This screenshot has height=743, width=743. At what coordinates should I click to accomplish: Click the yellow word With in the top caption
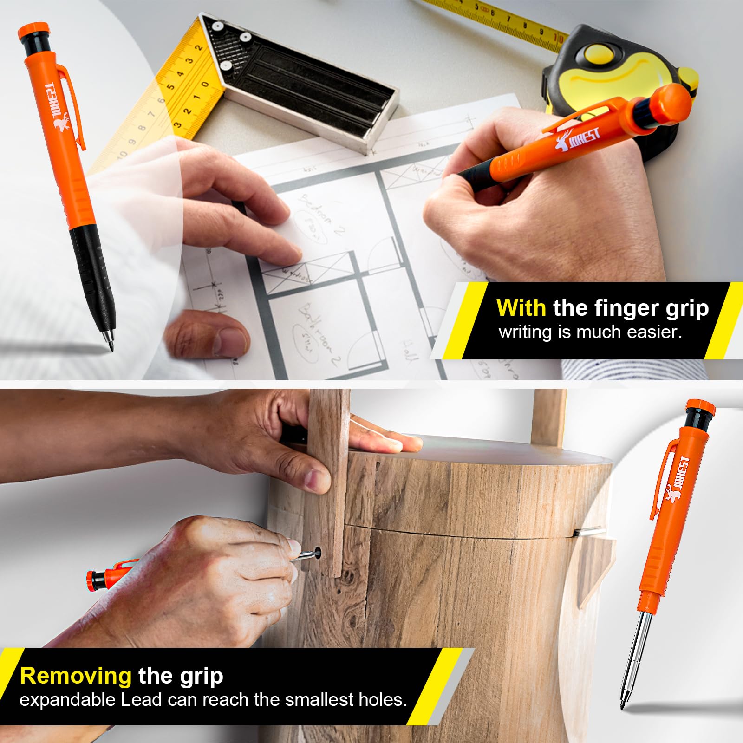(521, 308)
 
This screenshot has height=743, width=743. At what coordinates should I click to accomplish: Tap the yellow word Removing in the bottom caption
(76, 676)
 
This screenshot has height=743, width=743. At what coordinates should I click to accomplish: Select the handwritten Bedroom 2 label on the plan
(320, 216)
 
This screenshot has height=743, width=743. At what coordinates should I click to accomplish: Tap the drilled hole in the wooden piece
(318, 552)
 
